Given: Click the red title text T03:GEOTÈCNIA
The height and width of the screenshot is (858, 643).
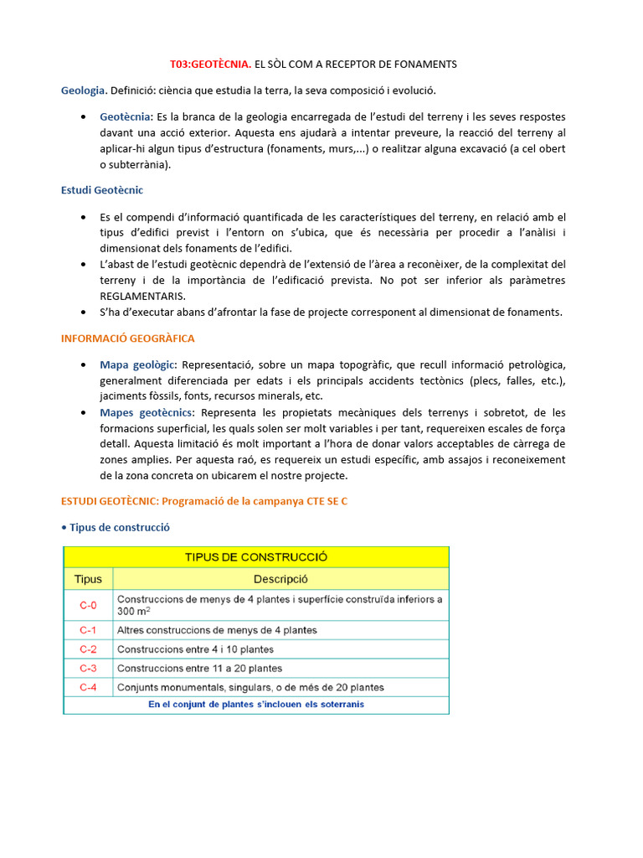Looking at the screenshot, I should [x=209, y=64].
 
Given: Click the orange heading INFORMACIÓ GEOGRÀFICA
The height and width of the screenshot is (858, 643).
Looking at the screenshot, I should [x=127, y=338].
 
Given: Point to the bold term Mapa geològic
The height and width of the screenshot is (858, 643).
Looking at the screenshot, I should [x=137, y=364].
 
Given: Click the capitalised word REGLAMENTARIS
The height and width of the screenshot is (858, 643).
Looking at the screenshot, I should [x=142, y=296].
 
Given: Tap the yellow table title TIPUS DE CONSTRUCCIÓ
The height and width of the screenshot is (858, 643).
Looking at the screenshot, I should [x=256, y=556].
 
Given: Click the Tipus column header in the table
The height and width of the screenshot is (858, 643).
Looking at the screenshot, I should [x=88, y=579].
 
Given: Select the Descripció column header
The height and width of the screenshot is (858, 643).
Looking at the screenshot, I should [x=280, y=579].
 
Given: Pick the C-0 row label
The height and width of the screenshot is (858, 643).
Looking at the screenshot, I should [x=88, y=605].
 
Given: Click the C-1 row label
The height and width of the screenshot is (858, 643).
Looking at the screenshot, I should [x=88, y=630].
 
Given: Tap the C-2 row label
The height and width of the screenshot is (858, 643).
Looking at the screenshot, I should [x=88, y=649].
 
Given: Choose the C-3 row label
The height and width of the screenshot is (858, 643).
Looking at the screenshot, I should [x=88, y=668].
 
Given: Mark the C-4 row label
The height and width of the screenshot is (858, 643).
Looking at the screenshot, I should [x=88, y=687].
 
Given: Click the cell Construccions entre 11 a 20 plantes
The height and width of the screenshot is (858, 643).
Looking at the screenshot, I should [x=200, y=668].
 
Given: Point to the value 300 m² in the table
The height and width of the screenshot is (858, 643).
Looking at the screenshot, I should [x=134, y=612].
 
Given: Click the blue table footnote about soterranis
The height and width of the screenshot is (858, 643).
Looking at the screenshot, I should [x=256, y=705].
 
